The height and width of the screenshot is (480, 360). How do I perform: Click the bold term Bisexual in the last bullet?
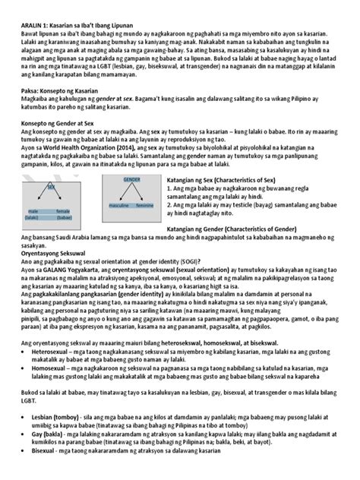pos(34,471)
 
